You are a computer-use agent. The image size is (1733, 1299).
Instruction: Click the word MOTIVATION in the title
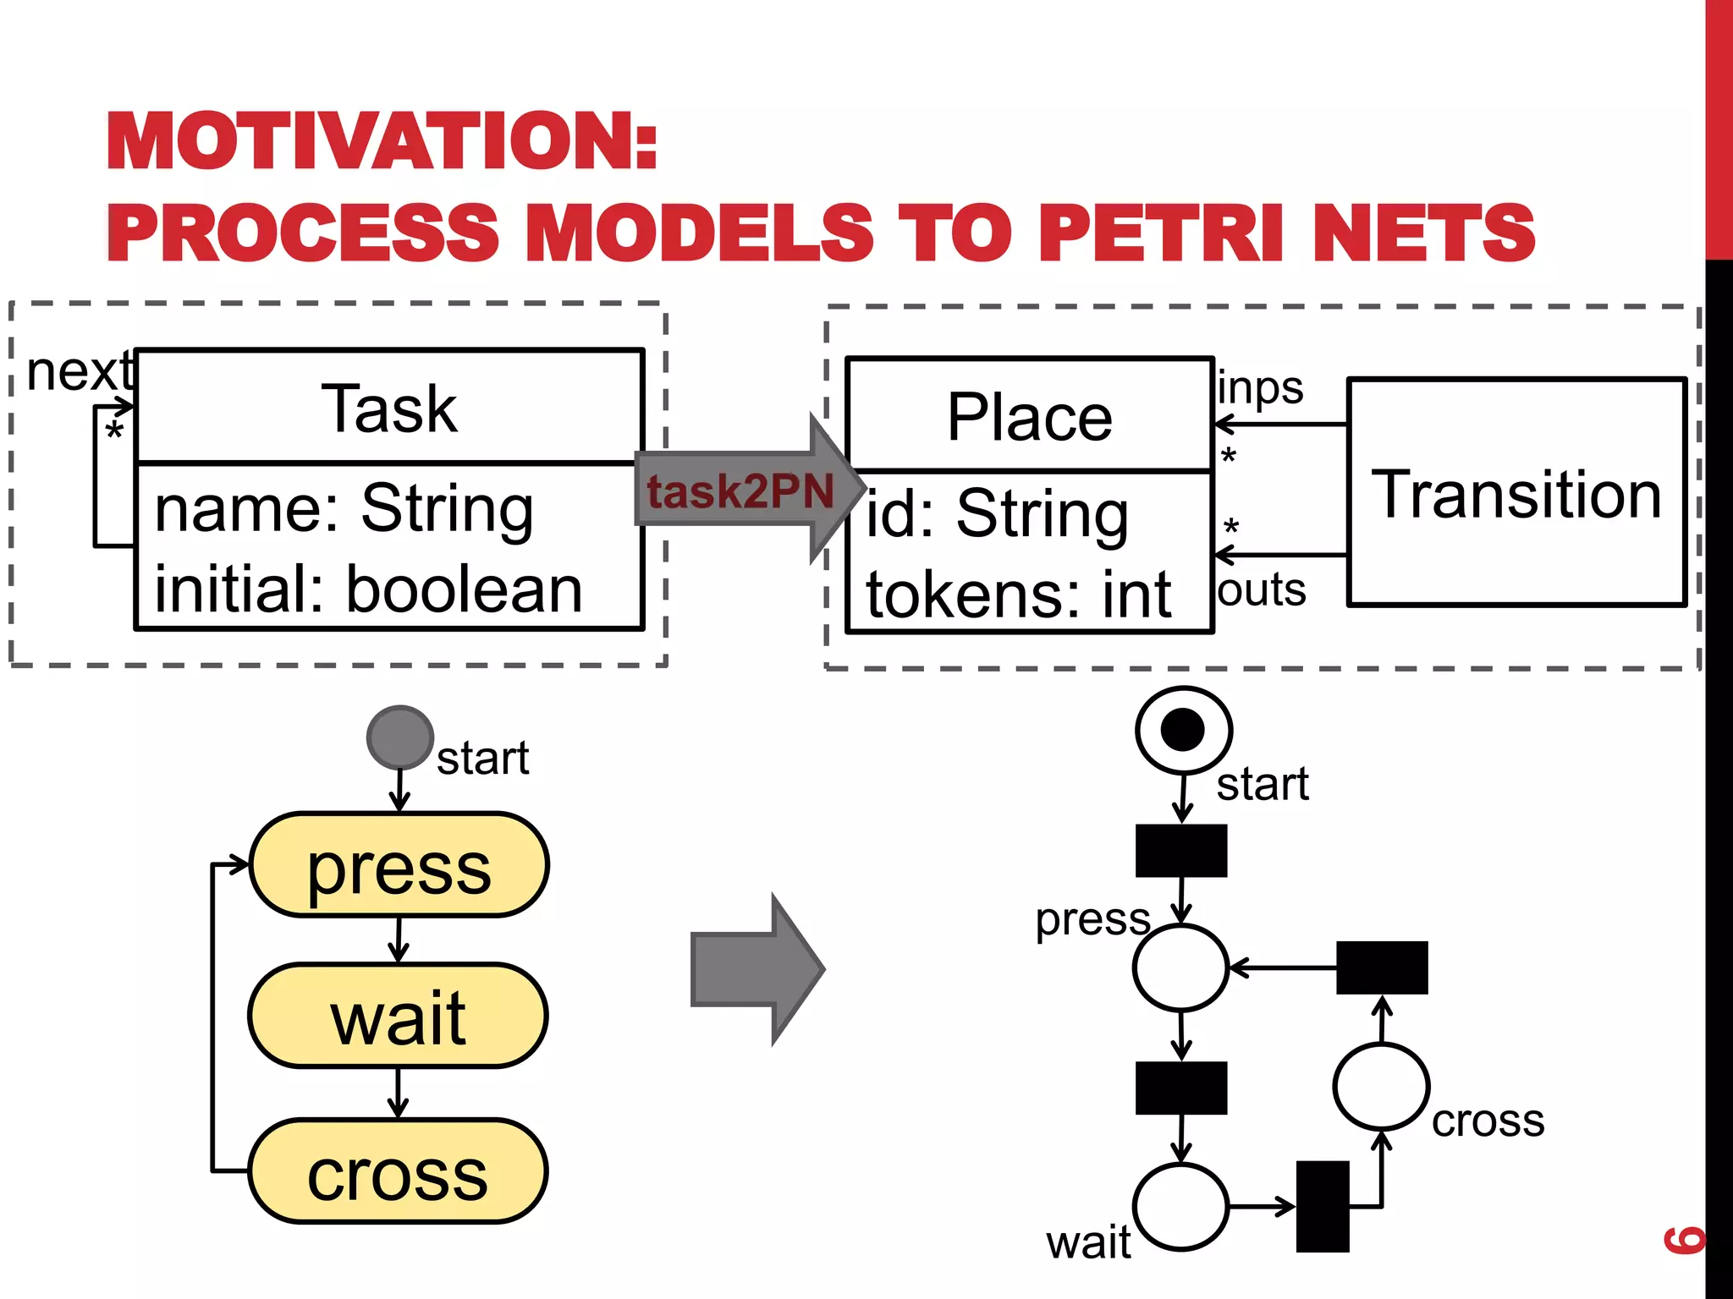381,141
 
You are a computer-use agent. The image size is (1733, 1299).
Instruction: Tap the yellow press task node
399,865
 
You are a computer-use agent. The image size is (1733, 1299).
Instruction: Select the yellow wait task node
399,1016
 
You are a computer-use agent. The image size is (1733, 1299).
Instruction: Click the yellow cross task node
399,1172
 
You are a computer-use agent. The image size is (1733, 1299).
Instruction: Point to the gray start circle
399,737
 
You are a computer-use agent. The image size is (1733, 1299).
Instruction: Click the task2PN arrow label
740,491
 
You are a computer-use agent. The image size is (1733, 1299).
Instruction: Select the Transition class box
1516,493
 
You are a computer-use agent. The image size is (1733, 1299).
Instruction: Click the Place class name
1029,417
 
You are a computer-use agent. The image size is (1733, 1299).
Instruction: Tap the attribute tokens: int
1018,595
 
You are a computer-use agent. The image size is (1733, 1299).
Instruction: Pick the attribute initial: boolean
368,589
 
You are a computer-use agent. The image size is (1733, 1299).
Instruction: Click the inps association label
1260,389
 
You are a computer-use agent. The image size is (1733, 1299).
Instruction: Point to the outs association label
1261,589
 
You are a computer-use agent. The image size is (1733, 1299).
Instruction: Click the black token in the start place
1182,729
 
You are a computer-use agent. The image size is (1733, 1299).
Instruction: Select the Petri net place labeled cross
1381,1087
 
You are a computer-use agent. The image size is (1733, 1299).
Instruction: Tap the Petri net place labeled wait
1180,1207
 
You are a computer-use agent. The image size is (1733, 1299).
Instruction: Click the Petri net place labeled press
1180,967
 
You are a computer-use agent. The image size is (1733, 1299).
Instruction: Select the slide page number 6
1683,1239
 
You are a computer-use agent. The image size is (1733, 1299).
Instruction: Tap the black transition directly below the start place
1180,851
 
